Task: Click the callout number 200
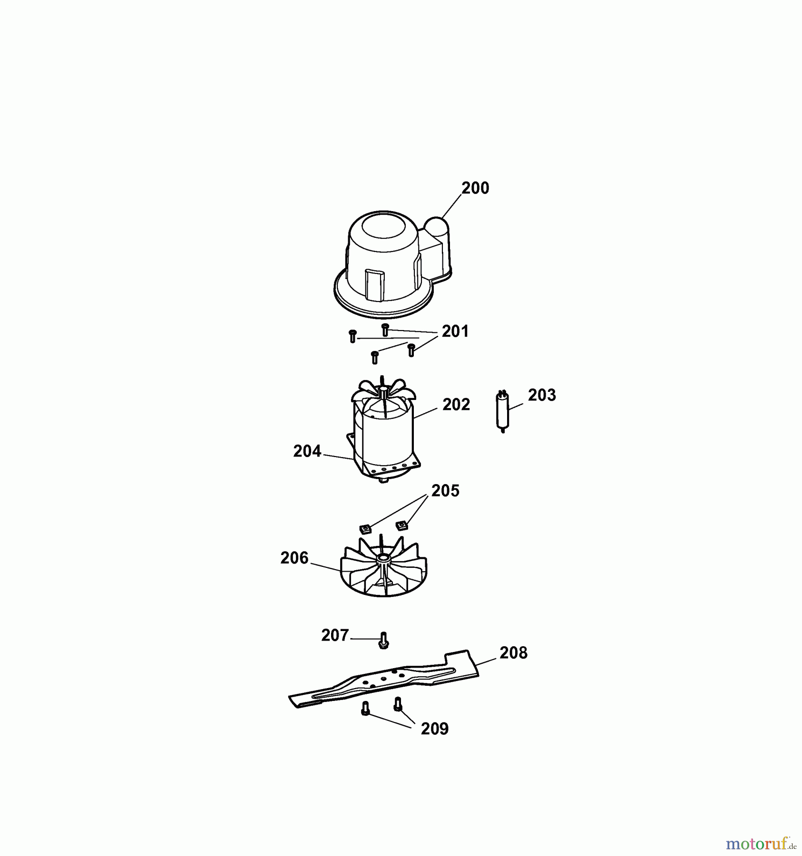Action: click(x=475, y=188)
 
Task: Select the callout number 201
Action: click(x=455, y=331)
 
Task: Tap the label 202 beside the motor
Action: click(x=456, y=405)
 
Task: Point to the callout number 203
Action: click(x=542, y=395)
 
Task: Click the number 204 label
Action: click(x=307, y=451)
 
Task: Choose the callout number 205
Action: click(x=445, y=491)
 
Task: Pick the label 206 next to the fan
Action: click(x=294, y=558)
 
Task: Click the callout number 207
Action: click(x=335, y=635)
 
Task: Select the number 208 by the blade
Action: click(x=513, y=653)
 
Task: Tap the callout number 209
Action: click(x=435, y=729)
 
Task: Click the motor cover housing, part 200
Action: click(x=392, y=264)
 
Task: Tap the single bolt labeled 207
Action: click(x=384, y=640)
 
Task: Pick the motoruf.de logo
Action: click(x=761, y=844)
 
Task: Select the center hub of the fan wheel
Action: click(x=383, y=557)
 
